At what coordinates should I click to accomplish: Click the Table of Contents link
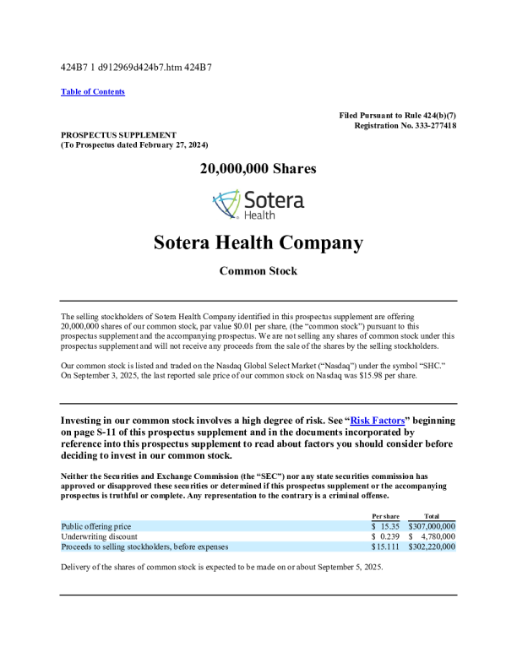point(93,91)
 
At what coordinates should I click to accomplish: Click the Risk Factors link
point(377,420)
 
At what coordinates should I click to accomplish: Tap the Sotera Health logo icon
point(226,204)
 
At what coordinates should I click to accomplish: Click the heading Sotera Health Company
point(258,243)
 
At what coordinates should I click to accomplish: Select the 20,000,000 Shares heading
point(258,169)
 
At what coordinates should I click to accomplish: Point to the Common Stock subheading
point(258,271)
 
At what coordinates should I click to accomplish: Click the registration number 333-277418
point(432,125)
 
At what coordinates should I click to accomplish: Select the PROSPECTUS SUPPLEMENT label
point(118,134)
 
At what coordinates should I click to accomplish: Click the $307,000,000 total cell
point(432,526)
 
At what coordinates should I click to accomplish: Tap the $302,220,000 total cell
point(432,547)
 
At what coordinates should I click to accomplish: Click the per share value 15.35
point(389,526)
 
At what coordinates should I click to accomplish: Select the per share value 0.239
point(389,536)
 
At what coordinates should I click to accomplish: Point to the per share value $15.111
point(385,547)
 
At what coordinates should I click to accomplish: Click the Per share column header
point(386,515)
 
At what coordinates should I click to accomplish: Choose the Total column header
point(431,515)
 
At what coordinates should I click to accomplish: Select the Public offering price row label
point(96,526)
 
